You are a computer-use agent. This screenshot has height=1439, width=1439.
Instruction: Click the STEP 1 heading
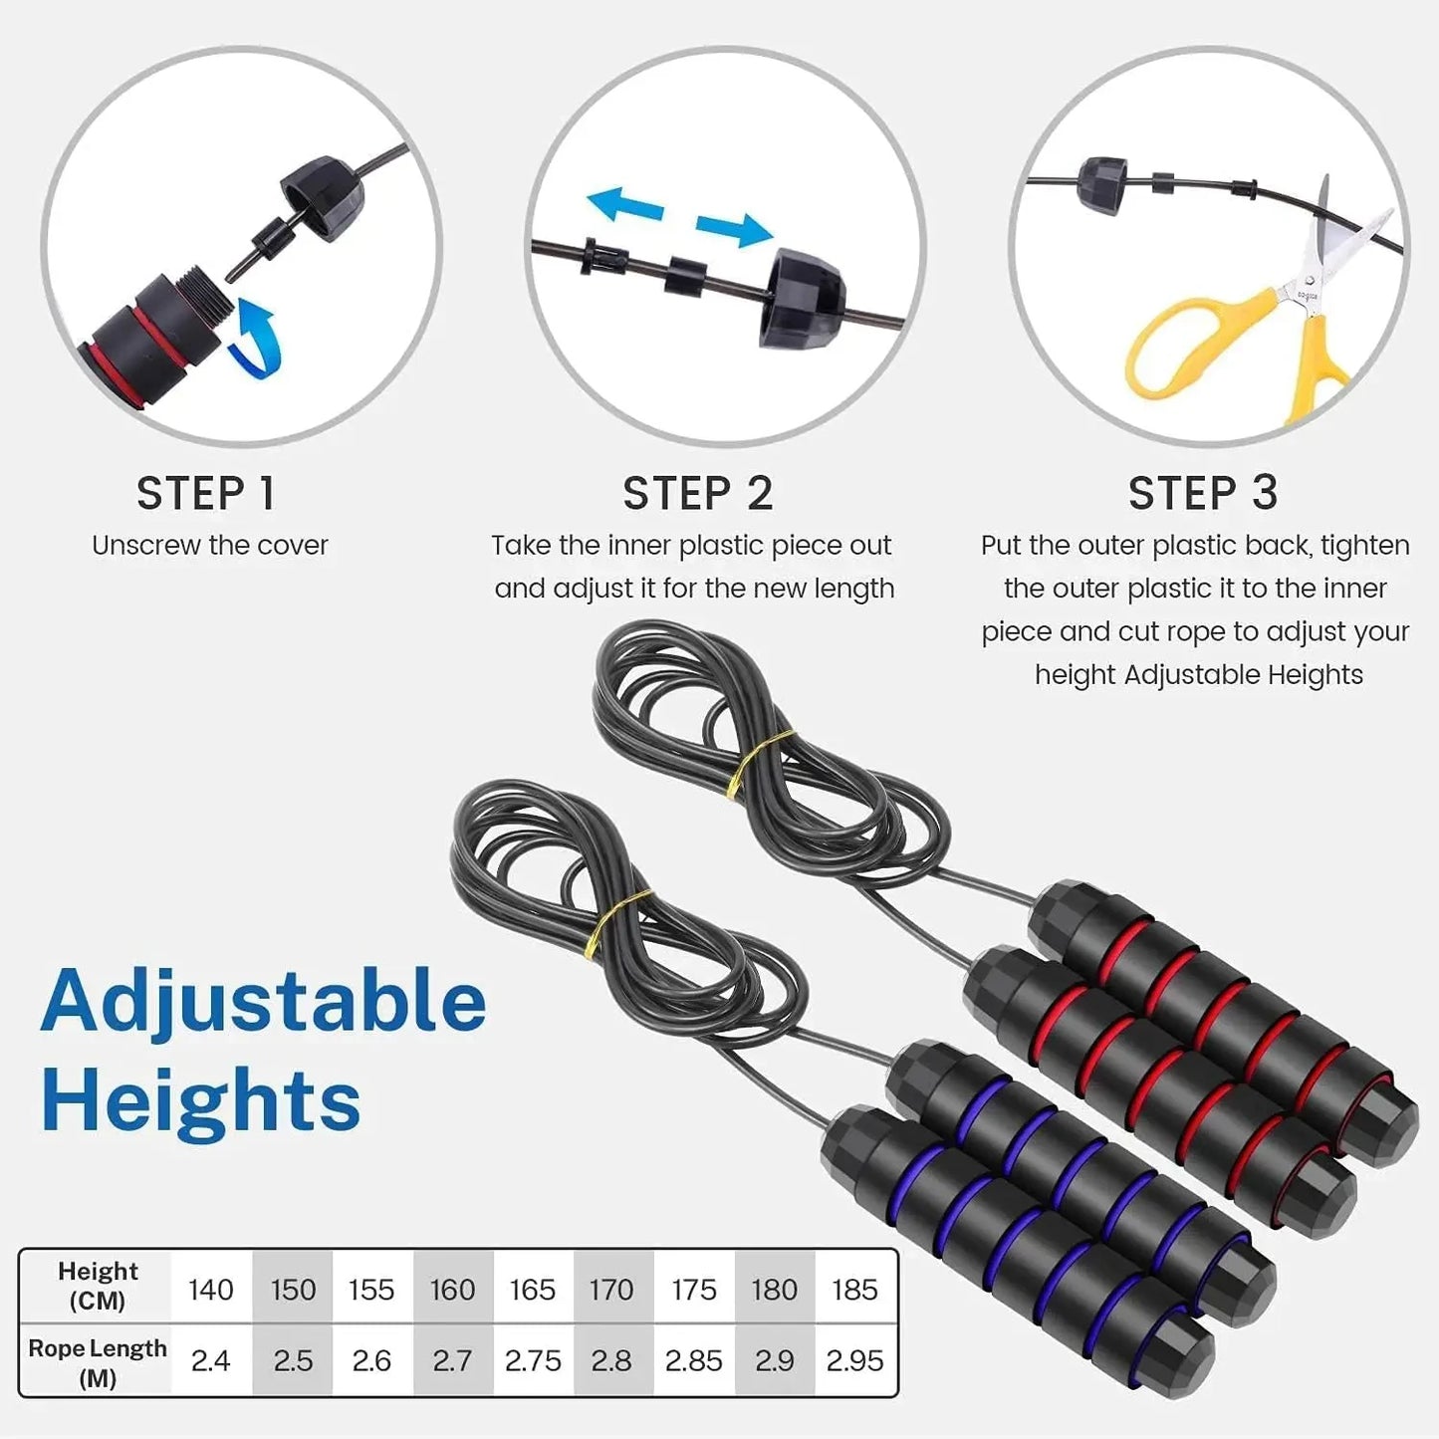[x=205, y=493]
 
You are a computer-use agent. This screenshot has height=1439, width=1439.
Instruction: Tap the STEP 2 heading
[x=697, y=493]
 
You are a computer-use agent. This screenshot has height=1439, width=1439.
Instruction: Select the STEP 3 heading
[x=1202, y=493]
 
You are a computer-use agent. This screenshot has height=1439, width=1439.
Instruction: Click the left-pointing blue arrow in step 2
[x=625, y=205]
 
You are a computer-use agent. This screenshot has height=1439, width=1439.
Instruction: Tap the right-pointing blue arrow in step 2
[x=734, y=229]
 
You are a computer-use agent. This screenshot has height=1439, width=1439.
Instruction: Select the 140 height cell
[x=210, y=1290]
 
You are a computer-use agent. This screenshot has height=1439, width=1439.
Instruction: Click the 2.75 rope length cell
[x=533, y=1360]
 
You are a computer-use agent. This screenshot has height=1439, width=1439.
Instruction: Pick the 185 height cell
[x=854, y=1290]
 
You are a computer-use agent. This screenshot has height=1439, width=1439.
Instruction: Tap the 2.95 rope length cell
[x=854, y=1360]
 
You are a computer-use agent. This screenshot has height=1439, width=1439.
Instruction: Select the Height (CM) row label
[x=98, y=1286]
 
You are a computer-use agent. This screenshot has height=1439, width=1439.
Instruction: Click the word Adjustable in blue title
[x=264, y=1001]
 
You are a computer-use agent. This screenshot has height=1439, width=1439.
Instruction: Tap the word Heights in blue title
[x=201, y=1100]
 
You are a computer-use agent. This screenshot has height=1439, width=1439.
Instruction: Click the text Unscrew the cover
[x=210, y=546]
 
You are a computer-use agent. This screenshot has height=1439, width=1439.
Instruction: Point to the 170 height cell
[x=610, y=1290]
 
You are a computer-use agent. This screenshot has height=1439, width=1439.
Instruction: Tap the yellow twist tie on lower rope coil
[x=617, y=921]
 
